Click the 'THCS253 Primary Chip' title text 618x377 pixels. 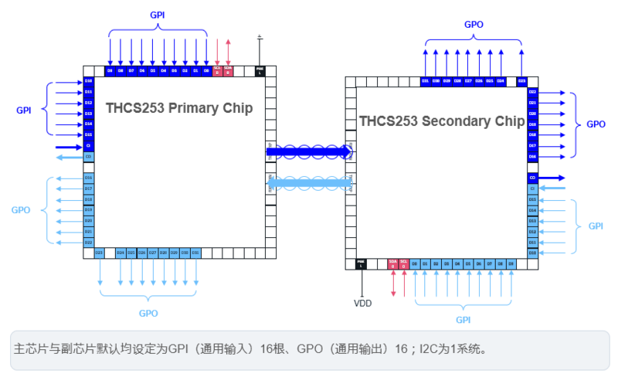tap(179, 108)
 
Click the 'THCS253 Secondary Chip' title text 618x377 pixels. tap(442, 121)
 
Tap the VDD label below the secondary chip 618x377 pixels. tap(362, 304)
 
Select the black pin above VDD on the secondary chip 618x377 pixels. tap(361, 264)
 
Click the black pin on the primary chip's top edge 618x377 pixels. tap(260, 70)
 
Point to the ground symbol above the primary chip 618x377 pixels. tap(260, 36)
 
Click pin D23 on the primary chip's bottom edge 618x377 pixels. tap(99, 253)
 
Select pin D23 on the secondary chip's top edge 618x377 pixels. tap(522, 81)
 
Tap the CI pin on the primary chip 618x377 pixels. tap(89, 146)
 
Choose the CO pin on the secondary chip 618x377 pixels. tap(532, 178)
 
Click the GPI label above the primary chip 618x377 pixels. tap(158, 15)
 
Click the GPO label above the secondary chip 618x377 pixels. tap(474, 25)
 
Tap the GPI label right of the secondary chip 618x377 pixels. tap(596, 226)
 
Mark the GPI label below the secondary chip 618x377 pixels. tap(463, 319)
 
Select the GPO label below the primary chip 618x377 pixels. tap(148, 314)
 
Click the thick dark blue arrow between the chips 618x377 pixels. tap(309, 151)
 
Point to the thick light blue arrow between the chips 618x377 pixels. tap(309, 182)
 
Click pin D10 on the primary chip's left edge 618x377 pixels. tap(89, 81)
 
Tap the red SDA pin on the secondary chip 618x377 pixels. tap(392, 264)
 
